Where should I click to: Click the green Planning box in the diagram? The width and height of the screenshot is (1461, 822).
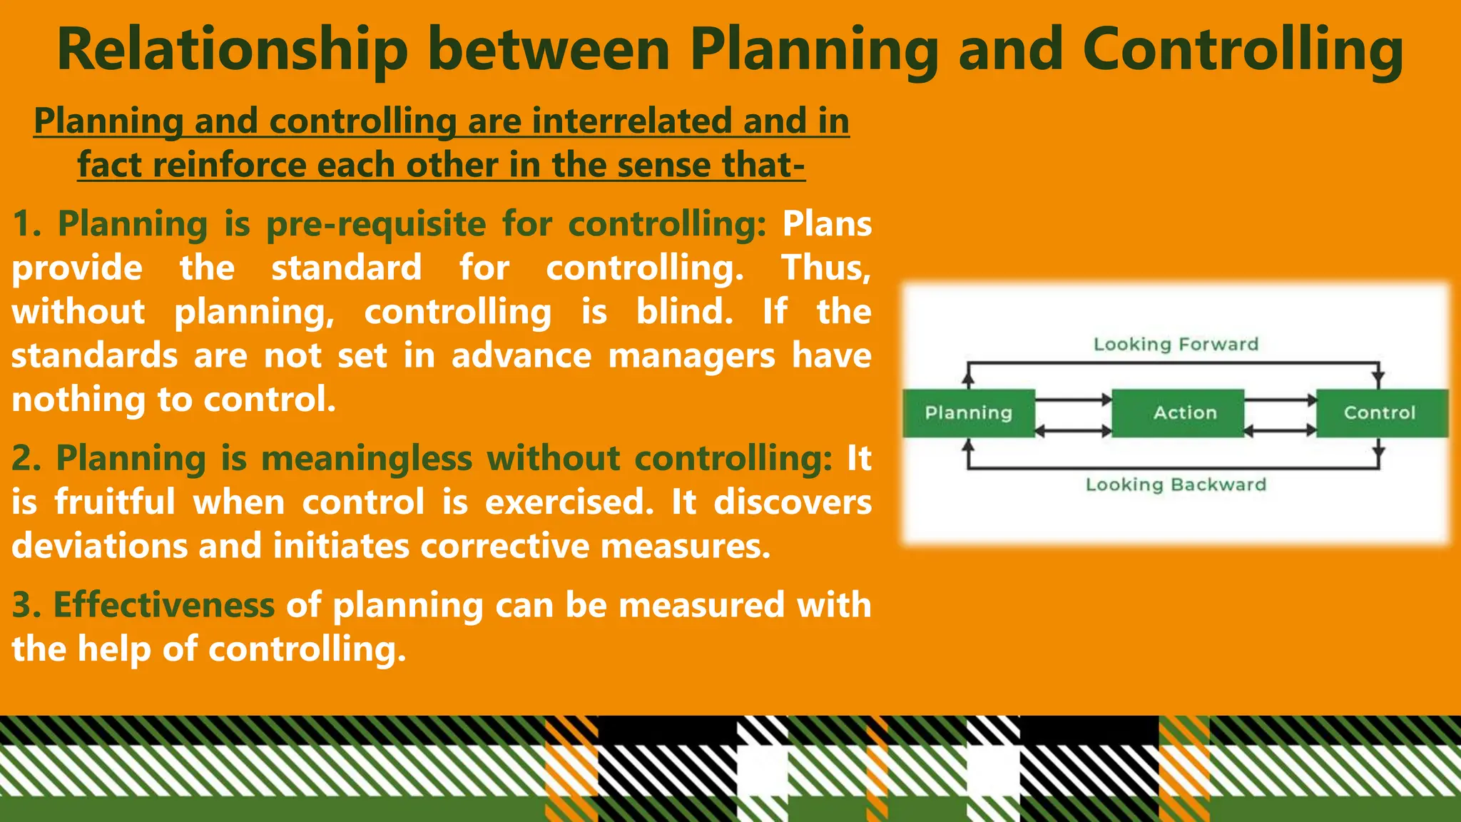tap(968, 413)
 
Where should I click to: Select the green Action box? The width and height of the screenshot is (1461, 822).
tap(1184, 413)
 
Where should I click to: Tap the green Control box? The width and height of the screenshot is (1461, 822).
tap(1380, 413)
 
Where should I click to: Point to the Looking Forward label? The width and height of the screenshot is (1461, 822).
tap(1176, 345)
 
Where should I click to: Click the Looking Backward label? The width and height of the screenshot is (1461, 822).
tap(1176, 485)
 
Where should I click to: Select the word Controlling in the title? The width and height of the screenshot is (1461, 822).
tap(1243, 50)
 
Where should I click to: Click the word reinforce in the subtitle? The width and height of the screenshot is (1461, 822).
tap(230, 165)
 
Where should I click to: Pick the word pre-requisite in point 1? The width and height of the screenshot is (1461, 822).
tap(376, 224)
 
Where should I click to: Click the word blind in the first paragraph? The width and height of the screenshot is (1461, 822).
tap(683, 312)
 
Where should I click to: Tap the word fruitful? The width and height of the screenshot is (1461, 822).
tap(115, 502)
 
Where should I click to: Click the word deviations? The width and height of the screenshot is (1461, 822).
tap(99, 547)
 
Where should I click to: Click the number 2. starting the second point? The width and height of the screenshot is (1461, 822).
tap(26, 458)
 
